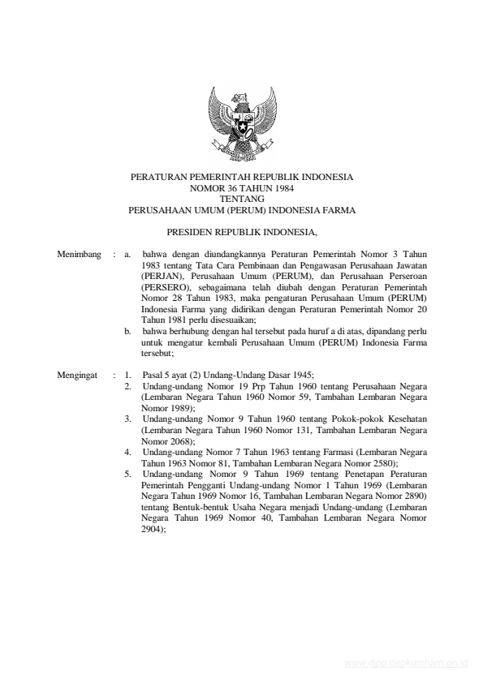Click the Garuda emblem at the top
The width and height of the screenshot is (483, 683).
coord(241,124)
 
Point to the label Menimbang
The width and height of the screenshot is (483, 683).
coord(79,255)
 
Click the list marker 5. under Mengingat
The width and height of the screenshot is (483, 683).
coord(129,472)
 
